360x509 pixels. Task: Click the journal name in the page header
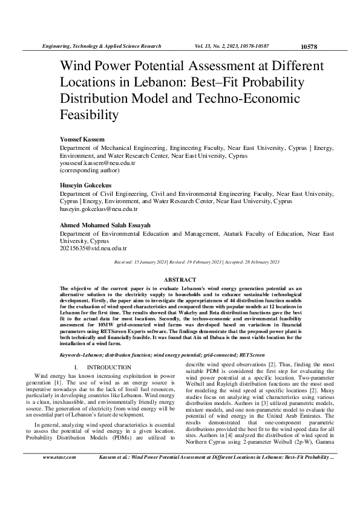100,46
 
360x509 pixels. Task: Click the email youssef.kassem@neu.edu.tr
97,163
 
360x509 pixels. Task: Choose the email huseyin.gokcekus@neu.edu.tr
99,209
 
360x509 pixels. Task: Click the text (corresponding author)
86,170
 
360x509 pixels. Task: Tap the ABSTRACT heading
180,280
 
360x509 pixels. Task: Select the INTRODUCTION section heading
109,368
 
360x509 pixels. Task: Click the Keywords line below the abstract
149,353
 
